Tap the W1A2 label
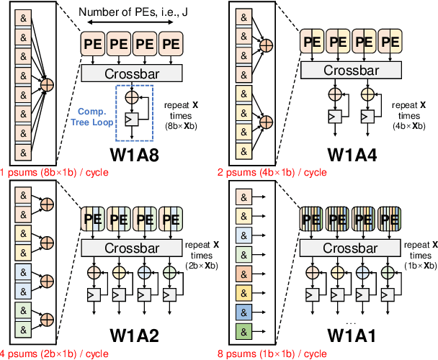(144, 335)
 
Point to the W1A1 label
(359, 335)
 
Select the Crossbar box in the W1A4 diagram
(349, 69)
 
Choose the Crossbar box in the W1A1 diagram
(349, 246)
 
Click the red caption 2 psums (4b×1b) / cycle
(275, 173)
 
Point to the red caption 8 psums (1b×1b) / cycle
(275, 353)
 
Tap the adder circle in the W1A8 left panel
(48, 85)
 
